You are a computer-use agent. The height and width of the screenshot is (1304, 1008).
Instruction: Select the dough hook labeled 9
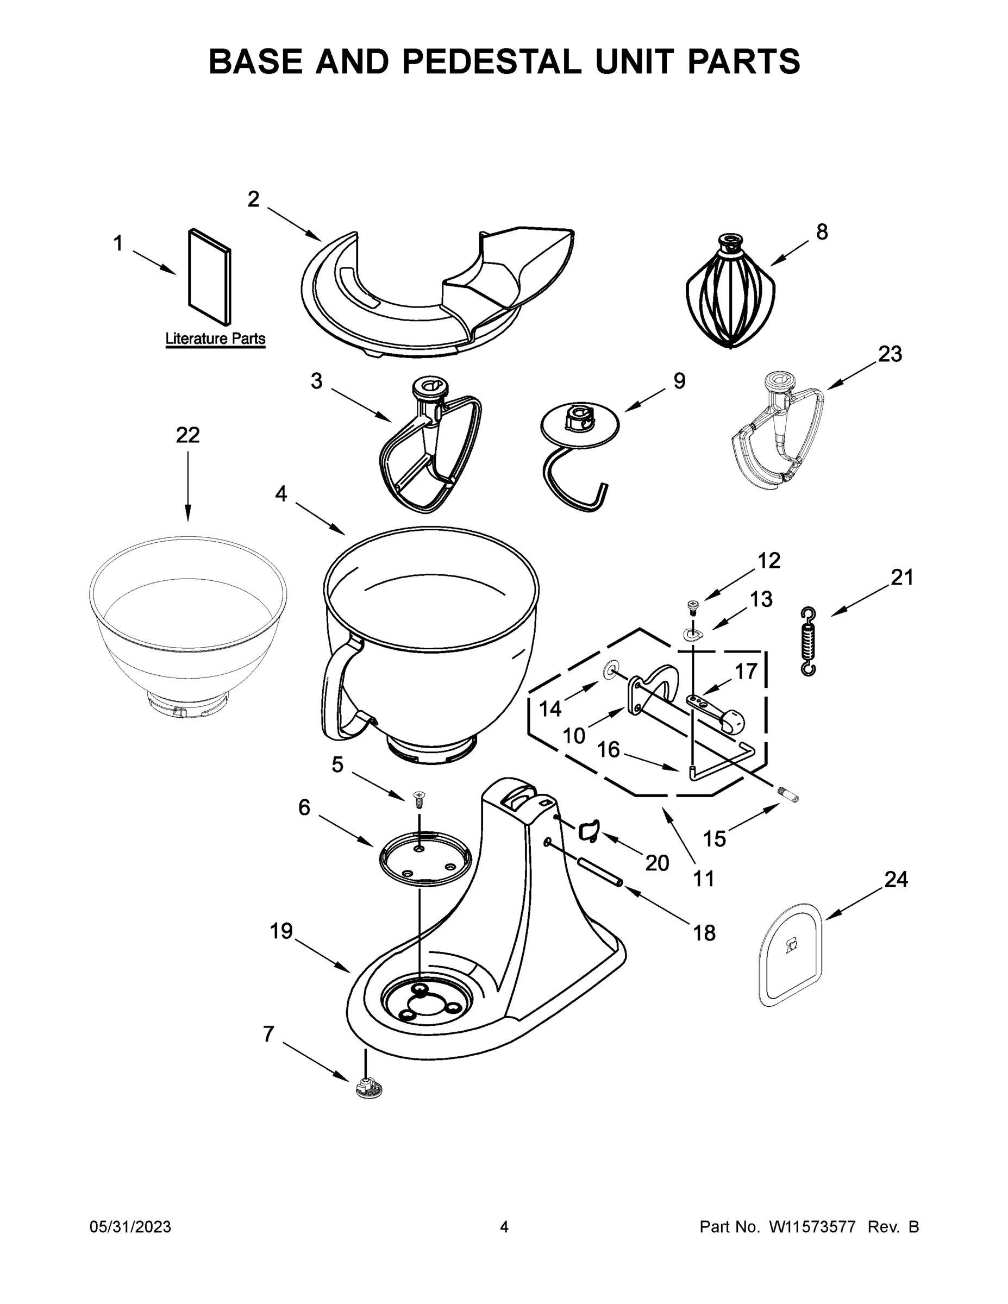[x=579, y=454]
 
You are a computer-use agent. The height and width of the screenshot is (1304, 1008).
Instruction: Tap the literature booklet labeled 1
[x=210, y=277]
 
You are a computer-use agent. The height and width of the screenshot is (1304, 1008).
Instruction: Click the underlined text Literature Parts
[x=215, y=338]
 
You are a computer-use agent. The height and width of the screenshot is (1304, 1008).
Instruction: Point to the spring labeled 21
[x=808, y=641]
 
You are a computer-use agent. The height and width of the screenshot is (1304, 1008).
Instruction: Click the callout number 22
[x=187, y=435]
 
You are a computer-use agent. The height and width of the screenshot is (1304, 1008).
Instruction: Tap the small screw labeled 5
[x=419, y=799]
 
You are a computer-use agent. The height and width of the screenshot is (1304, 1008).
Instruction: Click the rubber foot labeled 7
[x=369, y=1089]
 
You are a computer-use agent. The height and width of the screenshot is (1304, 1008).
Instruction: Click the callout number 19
[x=281, y=931]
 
